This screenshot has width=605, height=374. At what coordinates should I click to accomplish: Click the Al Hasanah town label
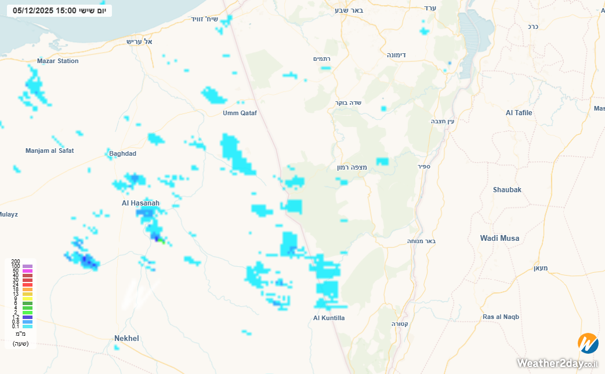point(140,203)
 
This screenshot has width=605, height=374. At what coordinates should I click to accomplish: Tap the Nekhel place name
point(126,338)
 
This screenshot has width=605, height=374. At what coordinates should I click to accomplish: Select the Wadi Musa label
point(499,238)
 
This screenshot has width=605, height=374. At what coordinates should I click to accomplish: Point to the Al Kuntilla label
point(329,318)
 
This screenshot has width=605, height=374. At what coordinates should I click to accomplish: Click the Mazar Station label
point(57,61)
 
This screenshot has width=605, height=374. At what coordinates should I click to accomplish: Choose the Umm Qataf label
point(240,113)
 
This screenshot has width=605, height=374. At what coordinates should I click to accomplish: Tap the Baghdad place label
point(122,153)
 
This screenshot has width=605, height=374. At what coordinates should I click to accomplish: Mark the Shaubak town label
point(507,190)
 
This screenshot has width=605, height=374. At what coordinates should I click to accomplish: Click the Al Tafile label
point(519,113)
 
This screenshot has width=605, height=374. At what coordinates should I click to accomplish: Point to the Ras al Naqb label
point(501,317)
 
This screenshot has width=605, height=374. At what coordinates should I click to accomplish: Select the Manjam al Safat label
point(49,151)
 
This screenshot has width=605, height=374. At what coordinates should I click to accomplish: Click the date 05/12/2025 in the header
point(33,10)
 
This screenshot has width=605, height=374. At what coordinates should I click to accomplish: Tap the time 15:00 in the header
point(66,10)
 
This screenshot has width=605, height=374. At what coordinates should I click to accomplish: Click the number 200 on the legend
point(16,262)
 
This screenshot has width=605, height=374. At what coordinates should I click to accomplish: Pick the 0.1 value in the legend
point(16,327)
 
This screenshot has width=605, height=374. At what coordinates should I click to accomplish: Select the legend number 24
point(16,285)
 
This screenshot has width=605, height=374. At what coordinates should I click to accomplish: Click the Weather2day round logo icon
point(588,343)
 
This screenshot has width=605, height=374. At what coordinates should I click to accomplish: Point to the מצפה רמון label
point(352,167)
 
